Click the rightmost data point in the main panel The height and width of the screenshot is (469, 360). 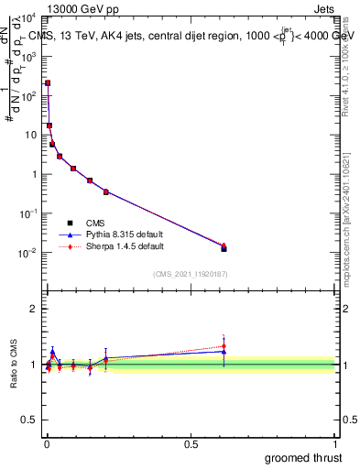coord(224,247)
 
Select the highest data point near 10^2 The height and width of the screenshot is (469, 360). coord(48,83)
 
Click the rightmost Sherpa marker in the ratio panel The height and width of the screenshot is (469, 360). coord(224,346)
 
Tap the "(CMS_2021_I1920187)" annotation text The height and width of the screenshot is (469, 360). coord(191,274)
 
